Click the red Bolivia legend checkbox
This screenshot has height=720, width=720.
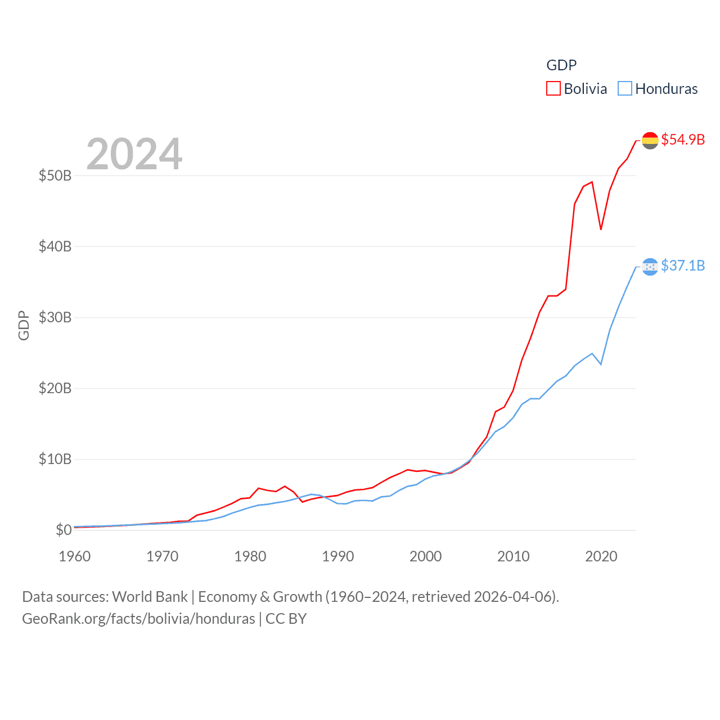(x=553, y=89)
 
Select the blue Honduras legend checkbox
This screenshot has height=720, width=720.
(x=625, y=89)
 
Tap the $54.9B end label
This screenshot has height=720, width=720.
(x=683, y=139)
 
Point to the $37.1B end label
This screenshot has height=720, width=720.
(x=683, y=265)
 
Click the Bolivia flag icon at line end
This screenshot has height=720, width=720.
(x=650, y=140)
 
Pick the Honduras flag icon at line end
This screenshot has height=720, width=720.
(x=650, y=267)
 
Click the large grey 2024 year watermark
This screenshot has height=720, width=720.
(x=134, y=154)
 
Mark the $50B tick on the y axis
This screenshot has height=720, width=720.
(x=55, y=175)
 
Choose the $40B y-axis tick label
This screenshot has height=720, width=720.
(x=55, y=246)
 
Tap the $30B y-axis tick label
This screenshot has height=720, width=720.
(x=55, y=317)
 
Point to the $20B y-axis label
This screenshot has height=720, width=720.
(x=55, y=388)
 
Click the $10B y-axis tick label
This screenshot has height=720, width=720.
(x=55, y=459)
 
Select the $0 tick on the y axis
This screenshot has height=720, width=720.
(x=64, y=530)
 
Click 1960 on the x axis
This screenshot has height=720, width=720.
(x=75, y=556)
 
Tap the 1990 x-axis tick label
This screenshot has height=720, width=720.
(x=338, y=556)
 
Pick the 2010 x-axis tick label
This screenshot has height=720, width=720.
(x=514, y=556)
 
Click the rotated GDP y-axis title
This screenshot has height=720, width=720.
(x=24, y=325)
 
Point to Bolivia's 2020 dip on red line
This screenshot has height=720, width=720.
(x=601, y=229)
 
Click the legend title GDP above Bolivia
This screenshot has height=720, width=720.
(x=561, y=65)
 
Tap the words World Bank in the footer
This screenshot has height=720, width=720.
(x=150, y=596)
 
